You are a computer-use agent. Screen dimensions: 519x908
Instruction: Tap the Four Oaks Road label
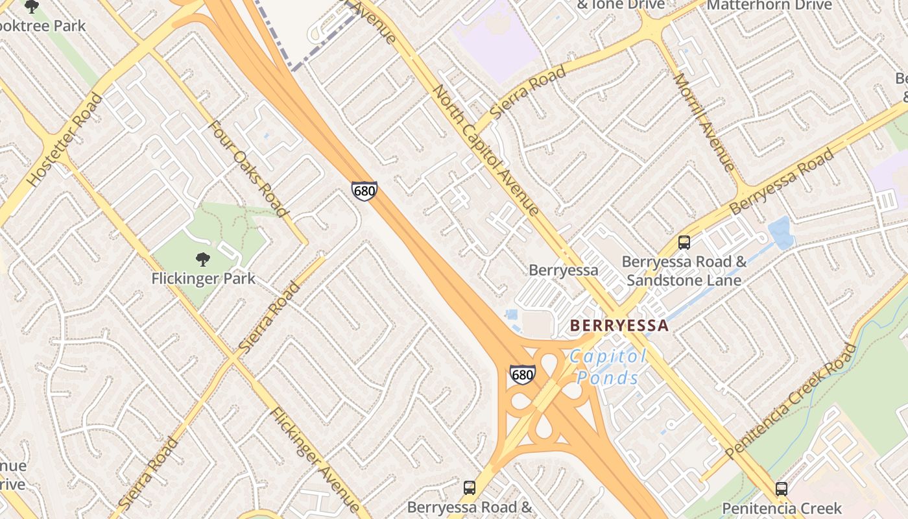[247, 168]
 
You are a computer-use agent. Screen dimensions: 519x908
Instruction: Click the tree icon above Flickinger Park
[202, 259]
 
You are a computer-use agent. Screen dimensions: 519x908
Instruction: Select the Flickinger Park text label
[203, 279]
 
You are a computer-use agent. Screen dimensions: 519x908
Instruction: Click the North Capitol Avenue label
[486, 149]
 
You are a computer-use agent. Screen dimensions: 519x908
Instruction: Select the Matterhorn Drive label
[769, 5]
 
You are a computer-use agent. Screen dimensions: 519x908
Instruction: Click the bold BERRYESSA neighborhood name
[619, 326]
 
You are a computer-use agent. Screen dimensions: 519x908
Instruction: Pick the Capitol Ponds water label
[608, 367]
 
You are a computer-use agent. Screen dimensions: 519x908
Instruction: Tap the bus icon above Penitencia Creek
[782, 489]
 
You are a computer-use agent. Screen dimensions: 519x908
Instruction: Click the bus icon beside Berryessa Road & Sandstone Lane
[684, 243]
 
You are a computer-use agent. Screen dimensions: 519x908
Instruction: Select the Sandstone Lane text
[684, 280]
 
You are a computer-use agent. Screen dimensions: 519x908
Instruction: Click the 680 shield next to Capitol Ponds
[523, 374]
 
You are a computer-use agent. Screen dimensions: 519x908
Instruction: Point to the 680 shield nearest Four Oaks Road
[364, 191]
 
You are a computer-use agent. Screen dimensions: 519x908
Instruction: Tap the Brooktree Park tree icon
[31, 6]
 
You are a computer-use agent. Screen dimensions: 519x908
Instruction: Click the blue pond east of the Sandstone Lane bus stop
[780, 232]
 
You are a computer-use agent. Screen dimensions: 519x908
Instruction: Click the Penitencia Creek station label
[782, 508]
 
